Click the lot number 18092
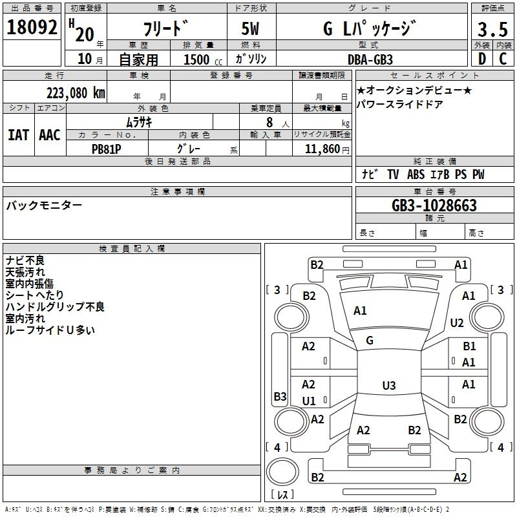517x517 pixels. click(x=32, y=27)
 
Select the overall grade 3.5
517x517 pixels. click(x=492, y=29)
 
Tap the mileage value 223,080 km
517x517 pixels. click(x=76, y=93)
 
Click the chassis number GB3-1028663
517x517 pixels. click(x=434, y=206)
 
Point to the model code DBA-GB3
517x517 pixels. click(x=370, y=59)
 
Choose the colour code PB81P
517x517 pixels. click(x=106, y=149)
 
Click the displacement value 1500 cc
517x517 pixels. click(x=203, y=59)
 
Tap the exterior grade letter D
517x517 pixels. click(x=482, y=59)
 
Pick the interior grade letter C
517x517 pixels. click(x=503, y=59)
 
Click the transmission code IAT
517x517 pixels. click(x=18, y=135)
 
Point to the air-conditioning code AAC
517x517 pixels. click(x=50, y=135)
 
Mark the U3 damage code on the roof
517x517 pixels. click(x=389, y=385)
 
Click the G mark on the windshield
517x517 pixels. click(x=370, y=341)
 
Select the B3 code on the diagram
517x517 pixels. click(x=280, y=396)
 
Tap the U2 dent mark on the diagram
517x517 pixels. click(x=457, y=322)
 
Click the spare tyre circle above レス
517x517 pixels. click(x=282, y=472)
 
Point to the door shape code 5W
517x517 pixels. click(x=250, y=28)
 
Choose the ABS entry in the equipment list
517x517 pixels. click(x=416, y=174)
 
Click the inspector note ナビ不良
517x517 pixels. click(x=25, y=260)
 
